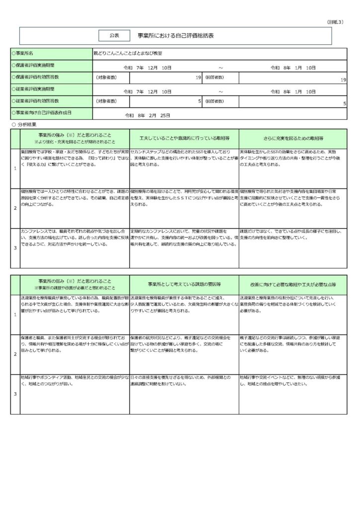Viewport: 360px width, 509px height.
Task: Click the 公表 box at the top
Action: tap(115, 35)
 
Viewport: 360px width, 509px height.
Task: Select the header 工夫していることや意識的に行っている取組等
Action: tap(183, 138)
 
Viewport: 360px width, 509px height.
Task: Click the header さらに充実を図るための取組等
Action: tap(293, 138)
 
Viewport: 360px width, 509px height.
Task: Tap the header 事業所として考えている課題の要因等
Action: tap(183, 284)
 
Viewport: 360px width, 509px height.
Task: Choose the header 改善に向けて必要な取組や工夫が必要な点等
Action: tap(293, 284)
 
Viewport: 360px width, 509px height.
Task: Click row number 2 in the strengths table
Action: tap(15, 208)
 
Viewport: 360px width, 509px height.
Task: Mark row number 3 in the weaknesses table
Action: tap(15, 394)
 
